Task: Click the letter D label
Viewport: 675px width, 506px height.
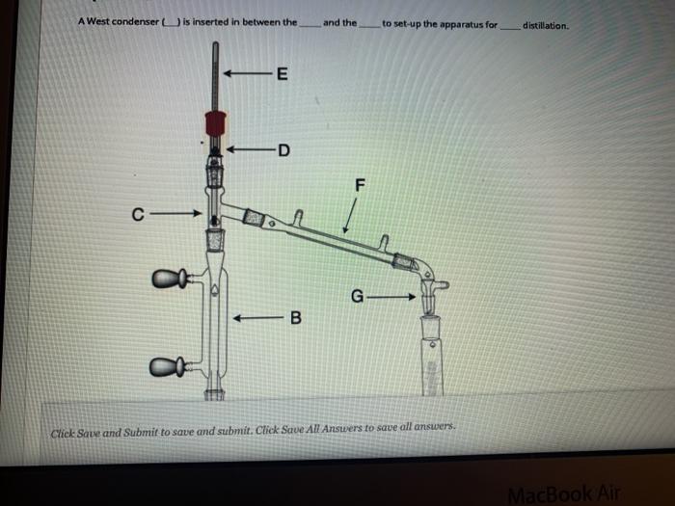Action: [x=283, y=149]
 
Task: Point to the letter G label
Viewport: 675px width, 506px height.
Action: [x=357, y=297]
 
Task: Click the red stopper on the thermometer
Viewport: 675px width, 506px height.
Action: [x=216, y=122]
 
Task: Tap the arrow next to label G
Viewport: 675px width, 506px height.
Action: [x=394, y=297]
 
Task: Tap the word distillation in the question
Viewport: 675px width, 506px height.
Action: [x=545, y=25]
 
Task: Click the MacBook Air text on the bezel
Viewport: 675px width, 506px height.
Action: [x=563, y=493]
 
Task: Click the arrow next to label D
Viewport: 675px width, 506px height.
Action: [x=249, y=149]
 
